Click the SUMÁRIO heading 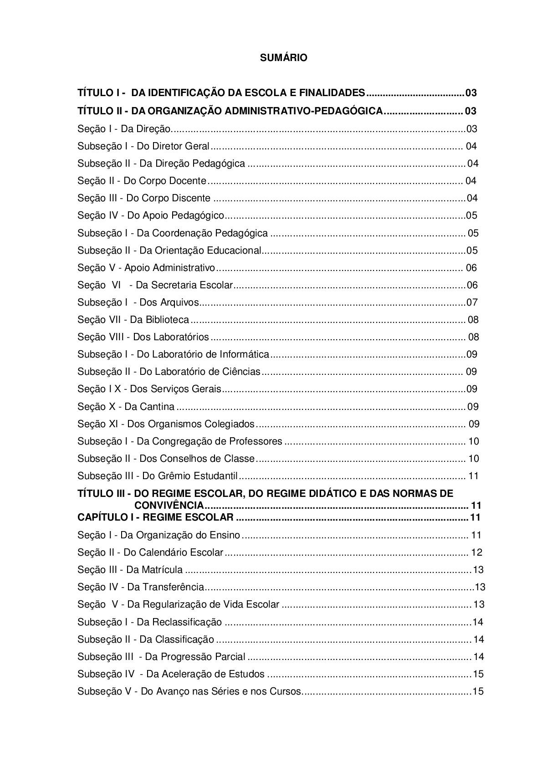coord(283,58)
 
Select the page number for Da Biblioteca coord(473,320)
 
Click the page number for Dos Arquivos coord(472,302)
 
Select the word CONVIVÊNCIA coord(169,506)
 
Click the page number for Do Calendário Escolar coord(476,552)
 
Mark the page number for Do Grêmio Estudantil coord(473,476)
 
